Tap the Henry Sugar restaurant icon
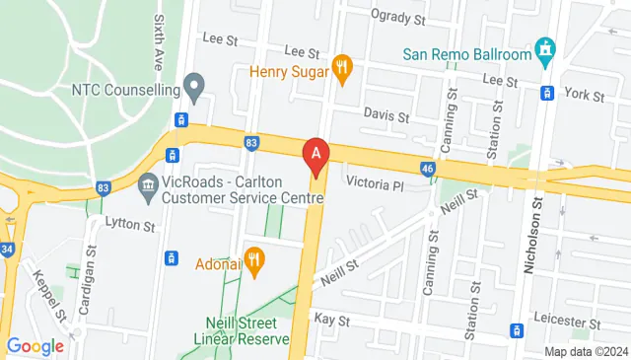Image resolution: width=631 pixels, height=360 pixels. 342,67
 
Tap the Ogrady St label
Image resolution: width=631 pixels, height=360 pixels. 398,17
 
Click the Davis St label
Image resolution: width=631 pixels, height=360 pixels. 386,116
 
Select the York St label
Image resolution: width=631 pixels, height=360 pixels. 586,95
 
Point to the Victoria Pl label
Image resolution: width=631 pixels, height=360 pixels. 376,184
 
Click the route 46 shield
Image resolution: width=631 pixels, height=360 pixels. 427,170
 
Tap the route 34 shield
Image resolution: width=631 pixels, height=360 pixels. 8,250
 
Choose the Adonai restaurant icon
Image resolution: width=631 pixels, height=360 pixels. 254,262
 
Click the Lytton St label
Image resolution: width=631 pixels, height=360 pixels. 130,227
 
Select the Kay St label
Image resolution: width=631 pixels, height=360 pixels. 332,321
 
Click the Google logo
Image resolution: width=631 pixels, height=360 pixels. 35,346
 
